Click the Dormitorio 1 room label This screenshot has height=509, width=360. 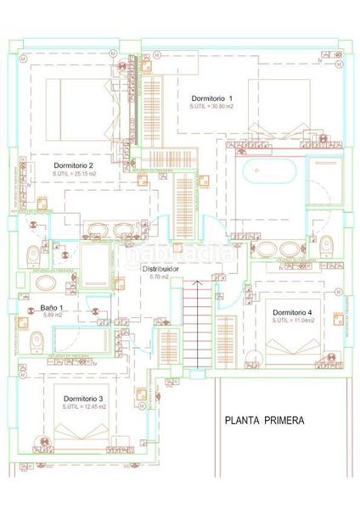pyautogui.click(x=211, y=98)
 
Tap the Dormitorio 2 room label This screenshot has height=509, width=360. pyautogui.click(x=73, y=165)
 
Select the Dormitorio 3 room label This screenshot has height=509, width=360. pyautogui.click(x=83, y=398)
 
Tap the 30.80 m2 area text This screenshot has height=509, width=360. pyautogui.click(x=211, y=108)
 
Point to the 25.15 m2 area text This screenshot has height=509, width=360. pyautogui.click(x=73, y=174)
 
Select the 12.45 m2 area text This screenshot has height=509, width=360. pyautogui.click(x=83, y=407)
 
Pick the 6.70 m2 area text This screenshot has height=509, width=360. pyautogui.click(x=160, y=277)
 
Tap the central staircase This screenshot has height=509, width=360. pyautogui.click(x=196, y=327)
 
